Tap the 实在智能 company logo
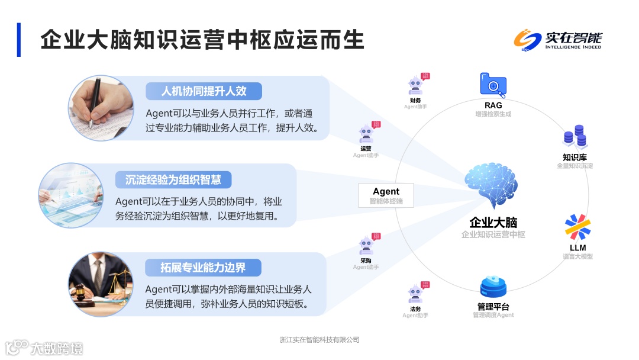[557, 40]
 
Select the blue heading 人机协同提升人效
[204, 91]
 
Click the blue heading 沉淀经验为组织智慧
[173, 179]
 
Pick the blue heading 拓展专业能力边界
[203, 268]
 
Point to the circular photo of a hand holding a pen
[102, 108]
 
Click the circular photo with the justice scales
[101, 285]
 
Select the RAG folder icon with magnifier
[493, 85]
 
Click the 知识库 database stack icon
[575, 137]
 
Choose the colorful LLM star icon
[577, 227]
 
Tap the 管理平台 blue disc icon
[493, 288]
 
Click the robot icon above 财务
[416, 86]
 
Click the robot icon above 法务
[416, 294]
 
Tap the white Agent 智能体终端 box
[386, 195]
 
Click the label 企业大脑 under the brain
[493, 223]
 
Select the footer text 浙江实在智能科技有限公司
[319, 340]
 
